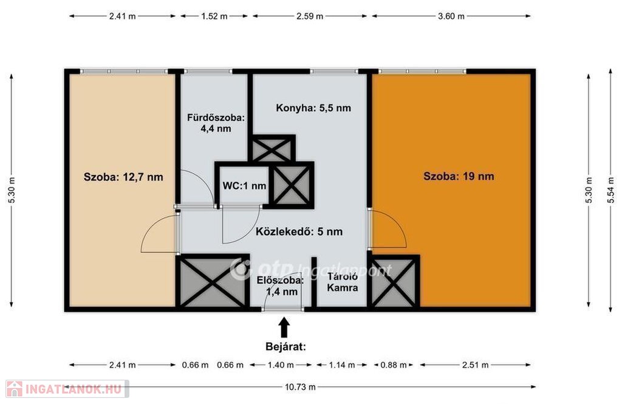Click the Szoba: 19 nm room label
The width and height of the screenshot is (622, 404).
[459, 176]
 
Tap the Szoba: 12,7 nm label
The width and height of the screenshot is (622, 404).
[123, 177]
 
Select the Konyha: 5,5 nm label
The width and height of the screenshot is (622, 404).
[313, 108]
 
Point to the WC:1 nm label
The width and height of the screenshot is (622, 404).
[244, 186]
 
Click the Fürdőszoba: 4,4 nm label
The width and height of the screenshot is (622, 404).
[216, 123]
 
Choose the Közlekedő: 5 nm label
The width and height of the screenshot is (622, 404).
[299, 231]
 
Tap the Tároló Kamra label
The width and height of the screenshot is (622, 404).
[343, 282]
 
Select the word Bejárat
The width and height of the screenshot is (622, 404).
[285, 347]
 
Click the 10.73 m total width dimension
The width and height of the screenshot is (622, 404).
[300, 387]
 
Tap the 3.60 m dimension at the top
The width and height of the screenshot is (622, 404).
[451, 16]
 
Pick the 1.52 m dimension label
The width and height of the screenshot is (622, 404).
[214, 16]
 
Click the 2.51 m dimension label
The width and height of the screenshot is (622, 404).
[475, 365]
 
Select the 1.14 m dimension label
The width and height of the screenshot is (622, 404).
[342, 365]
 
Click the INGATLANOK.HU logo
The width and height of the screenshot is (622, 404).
[67, 389]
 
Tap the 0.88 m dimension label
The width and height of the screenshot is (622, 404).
[394, 365]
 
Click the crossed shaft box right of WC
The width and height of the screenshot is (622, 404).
[292, 185]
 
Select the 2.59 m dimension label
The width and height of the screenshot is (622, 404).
[310, 16]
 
